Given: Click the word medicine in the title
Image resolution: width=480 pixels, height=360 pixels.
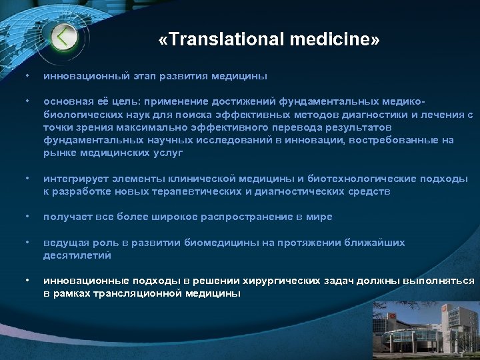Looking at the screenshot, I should click(x=331, y=40).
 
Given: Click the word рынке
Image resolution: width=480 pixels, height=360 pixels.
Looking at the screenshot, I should click(x=59, y=153).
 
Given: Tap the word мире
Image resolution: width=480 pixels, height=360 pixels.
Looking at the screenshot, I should click(x=320, y=217).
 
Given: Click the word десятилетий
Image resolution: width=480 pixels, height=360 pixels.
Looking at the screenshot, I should click(x=77, y=255).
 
